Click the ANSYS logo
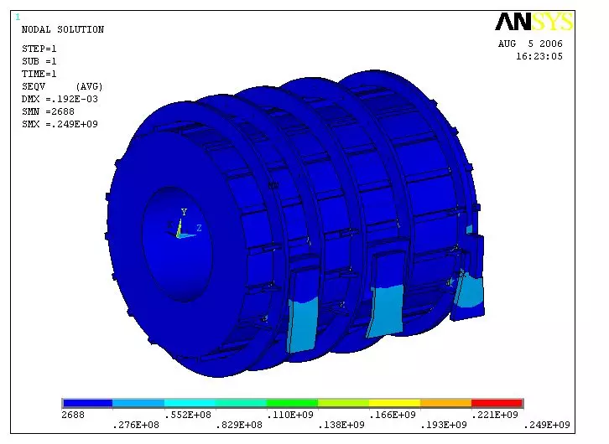click(534, 22)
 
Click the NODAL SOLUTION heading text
click(62, 30)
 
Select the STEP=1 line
click(39, 49)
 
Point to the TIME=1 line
click(39, 74)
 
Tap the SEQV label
click(34, 86)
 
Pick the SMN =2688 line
click(46, 111)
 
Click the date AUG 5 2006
click(530, 44)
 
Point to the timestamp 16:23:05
click(539, 56)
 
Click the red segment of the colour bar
click(497, 403)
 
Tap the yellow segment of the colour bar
click(394, 403)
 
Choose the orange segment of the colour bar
click(445, 403)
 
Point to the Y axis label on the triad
click(184, 213)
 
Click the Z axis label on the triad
click(199, 227)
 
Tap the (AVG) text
click(88, 86)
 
